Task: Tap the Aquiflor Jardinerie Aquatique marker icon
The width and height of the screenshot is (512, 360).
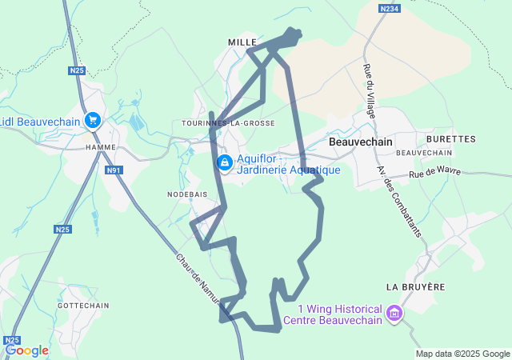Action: click(225, 163)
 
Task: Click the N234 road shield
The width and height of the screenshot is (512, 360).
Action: click(389, 8)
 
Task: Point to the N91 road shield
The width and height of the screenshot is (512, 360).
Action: click(114, 170)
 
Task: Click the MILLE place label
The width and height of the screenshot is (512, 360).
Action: click(242, 42)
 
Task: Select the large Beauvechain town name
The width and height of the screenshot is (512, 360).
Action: click(359, 141)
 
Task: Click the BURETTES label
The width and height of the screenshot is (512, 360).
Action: click(456, 138)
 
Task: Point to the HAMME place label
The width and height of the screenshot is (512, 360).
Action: click(101, 147)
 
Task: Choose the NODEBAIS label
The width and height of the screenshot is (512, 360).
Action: click(187, 194)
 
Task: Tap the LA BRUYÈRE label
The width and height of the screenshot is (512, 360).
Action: click(414, 286)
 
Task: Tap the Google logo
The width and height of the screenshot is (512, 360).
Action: click(26, 350)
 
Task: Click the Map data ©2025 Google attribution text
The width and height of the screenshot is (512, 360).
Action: click(462, 354)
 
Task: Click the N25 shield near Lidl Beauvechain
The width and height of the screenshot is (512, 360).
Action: click(76, 70)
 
